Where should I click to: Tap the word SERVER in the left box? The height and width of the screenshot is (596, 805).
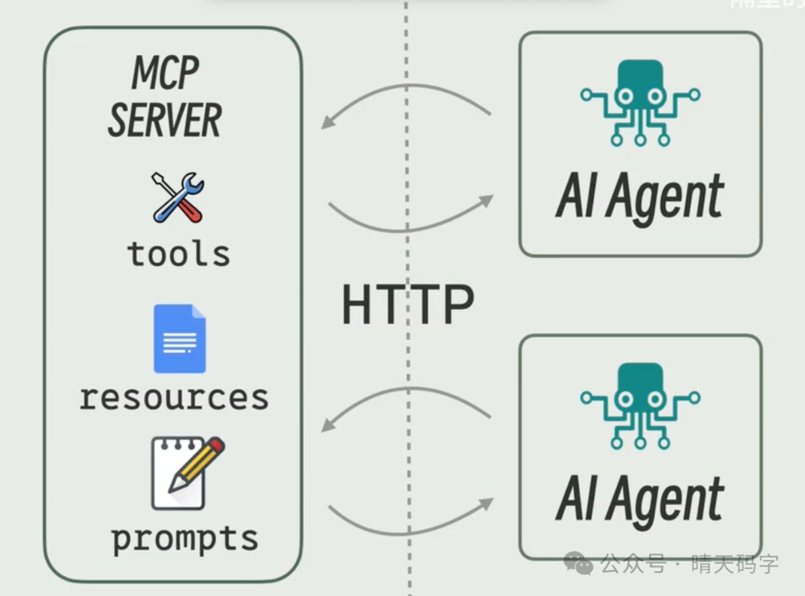tap(165, 121)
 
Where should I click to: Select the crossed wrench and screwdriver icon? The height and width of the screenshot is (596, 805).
tap(179, 197)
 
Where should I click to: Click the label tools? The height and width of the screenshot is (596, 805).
tap(179, 253)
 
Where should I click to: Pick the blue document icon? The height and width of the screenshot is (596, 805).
tap(180, 338)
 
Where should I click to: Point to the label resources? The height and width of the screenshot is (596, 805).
tap(174, 397)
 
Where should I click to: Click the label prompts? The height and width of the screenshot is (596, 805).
tap(185, 538)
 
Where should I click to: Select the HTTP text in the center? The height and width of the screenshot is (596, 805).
tap(408, 305)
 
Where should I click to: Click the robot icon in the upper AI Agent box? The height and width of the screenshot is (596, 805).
tap(640, 102)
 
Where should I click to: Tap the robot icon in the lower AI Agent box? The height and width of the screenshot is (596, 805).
tap(640, 405)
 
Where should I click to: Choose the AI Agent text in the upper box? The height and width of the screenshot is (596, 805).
tap(640, 197)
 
